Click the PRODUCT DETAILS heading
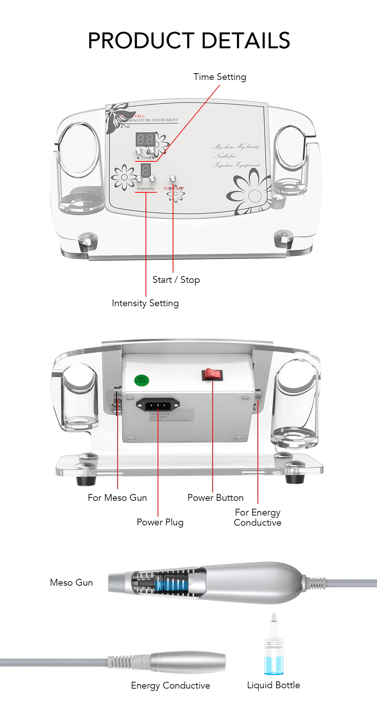tap(188, 41)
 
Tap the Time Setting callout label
tap(220, 77)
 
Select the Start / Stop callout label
tap(176, 280)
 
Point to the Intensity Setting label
tap(145, 303)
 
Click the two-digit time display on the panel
tap(145, 140)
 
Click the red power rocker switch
tap(212, 374)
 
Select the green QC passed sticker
tap(142, 380)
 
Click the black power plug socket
tap(158, 405)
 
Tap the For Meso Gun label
tap(117, 498)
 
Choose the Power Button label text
tap(215, 498)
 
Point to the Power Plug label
tap(160, 522)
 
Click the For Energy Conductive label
tap(257, 517)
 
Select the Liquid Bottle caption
tap(273, 685)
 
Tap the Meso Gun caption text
tap(71, 583)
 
